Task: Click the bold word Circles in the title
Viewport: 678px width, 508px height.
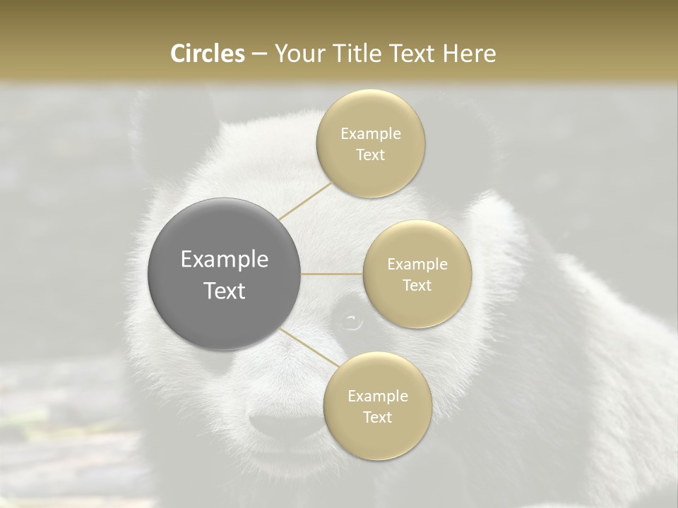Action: pyautogui.click(x=208, y=54)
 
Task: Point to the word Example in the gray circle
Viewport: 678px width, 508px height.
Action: pyautogui.click(x=225, y=260)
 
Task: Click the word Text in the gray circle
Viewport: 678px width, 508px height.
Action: pyautogui.click(x=225, y=291)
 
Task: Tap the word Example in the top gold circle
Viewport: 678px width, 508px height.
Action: pyautogui.click(x=371, y=134)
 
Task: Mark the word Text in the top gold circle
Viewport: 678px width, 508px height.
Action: pyautogui.click(x=371, y=155)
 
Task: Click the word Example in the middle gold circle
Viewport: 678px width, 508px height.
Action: pyautogui.click(x=417, y=265)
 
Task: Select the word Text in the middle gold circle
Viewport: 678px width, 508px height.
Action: pyautogui.click(x=417, y=286)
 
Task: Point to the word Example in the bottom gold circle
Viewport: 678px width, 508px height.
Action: pyautogui.click(x=378, y=397)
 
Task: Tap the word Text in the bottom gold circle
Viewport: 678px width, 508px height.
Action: pyautogui.click(x=378, y=418)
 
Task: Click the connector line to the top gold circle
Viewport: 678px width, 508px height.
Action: pyautogui.click(x=305, y=202)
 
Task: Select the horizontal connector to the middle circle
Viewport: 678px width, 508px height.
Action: pyautogui.click(x=332, y=274)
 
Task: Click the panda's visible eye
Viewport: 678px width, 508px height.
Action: pyautogui.click(x=350, y=322)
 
